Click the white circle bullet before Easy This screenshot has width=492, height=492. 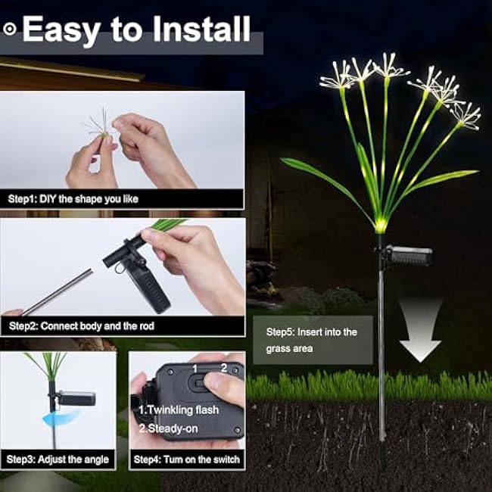(x=10, y=29)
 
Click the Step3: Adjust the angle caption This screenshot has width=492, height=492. (x=58, y=459)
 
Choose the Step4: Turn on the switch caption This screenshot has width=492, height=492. (x=186, y=459)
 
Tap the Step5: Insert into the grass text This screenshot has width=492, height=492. (x=311, y=340)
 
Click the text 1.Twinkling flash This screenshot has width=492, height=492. (x=179, y=409)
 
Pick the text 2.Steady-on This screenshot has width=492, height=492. (x=168, y=427)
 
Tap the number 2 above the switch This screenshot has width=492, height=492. (x=223, y=368)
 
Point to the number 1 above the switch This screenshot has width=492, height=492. (x=195, y=368)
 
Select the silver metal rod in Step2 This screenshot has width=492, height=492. (x=57, y=292)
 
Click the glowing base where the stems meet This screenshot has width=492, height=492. (x=380, y=225)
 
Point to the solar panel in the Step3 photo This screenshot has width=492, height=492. (x=76, y=397)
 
